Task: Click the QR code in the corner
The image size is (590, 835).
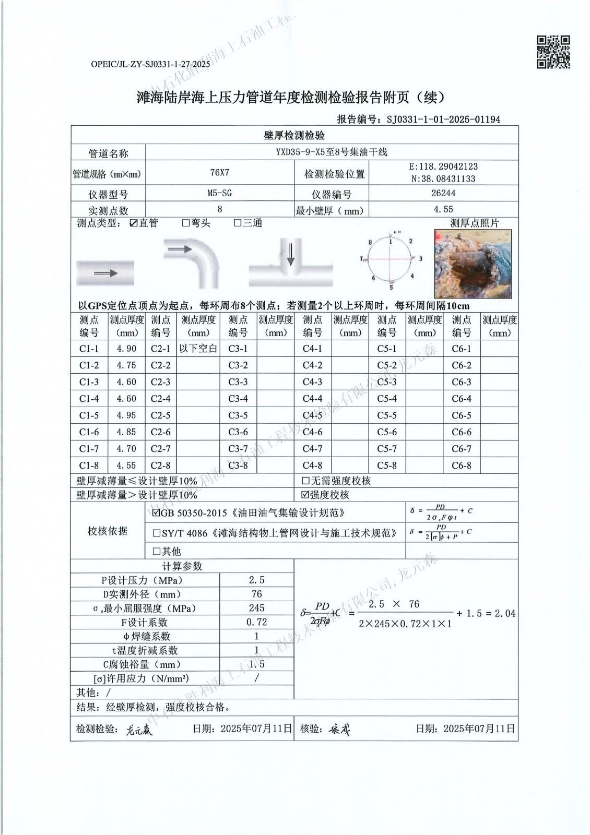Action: click(x=553, y=52)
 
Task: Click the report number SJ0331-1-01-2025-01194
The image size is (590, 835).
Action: click(x=443, y=120)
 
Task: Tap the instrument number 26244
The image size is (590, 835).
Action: click(x=443, y=193)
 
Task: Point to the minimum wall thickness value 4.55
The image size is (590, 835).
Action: click(x=443, y=210)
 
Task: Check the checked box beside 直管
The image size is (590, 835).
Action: click(x=134, y=223)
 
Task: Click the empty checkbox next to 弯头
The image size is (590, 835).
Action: click(x=186, y=223)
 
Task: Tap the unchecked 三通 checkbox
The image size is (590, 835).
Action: click(x=238, y=223)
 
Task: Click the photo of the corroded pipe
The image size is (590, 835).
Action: click(x=473, y=264)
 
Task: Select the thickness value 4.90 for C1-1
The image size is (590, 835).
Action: click(x=127, y=349)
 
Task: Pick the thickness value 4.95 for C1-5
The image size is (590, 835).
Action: click(x=127, y=415)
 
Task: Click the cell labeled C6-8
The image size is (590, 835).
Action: click(x=462, y=466)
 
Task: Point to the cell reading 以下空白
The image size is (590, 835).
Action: click(x=198, y=349)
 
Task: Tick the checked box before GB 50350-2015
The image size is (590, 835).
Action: click(x=157, y=513)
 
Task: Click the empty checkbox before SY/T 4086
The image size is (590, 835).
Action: click(x=157, y=533)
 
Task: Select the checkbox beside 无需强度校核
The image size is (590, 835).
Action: click(x=306, y=481)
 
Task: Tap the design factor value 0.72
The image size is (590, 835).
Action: click(x=256, y=622)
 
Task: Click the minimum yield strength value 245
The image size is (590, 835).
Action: click(x=256, y=608)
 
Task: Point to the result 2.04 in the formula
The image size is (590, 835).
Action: click(x=504, y=614)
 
